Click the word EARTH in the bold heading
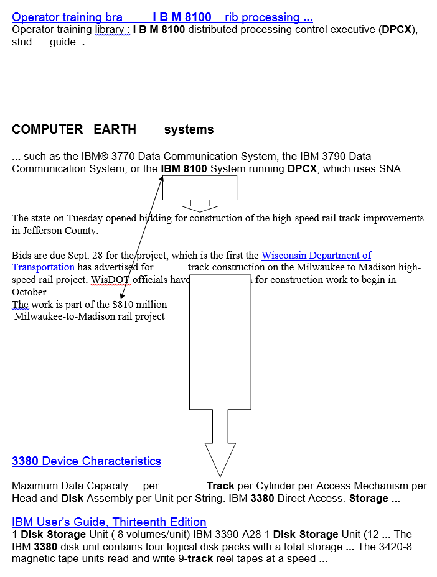click(115, 129)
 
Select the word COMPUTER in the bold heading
click(47, 129)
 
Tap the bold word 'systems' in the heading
click(189, 129)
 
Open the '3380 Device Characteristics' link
click(87, 461)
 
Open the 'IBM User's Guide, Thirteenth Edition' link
click(109, 522)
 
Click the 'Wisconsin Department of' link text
click(316, 256)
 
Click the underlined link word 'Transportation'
click(43, 267)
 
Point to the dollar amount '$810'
click(123, 305)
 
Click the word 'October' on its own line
click(29, 292)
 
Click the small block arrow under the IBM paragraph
click(199, 190)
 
